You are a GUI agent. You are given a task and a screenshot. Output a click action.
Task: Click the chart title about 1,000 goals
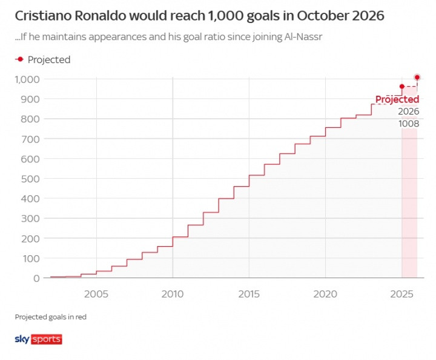tap(199, 16)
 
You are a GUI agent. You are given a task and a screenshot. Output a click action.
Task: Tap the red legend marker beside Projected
tap(20, 59)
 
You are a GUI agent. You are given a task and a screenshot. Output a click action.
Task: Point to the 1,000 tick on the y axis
tap(28, 79)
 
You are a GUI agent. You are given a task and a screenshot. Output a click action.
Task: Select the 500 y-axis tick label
tap(31, 179)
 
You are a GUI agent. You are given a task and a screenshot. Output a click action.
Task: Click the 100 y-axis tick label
tap(31, 258)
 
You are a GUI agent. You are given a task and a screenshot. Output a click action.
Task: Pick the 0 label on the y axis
tap(37, 278)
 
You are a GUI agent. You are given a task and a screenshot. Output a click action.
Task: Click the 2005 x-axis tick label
tap(96, 294)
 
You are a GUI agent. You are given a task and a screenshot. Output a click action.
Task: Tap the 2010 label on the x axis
tap(173, 294)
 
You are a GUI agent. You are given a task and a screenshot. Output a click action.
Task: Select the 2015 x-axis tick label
tap(249, 294)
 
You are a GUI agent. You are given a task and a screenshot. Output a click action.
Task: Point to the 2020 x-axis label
tap(325, 294)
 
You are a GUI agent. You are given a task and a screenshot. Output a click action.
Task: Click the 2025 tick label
tap(401, 294)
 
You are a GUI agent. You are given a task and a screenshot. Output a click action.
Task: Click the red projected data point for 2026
tap(417, 77)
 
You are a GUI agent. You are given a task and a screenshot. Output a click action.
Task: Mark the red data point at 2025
tap(401, 87)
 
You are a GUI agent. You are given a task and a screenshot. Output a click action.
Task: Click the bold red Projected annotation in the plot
tap(397, 99)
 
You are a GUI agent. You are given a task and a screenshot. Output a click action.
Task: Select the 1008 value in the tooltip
tap(408, 124)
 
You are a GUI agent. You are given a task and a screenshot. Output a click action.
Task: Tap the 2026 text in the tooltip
tap(408, 112)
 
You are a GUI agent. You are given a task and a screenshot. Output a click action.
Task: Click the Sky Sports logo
tap(38, 339)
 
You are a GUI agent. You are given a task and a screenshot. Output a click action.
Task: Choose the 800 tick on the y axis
tap(31, 119)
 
